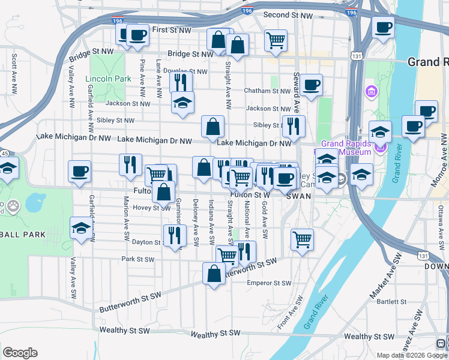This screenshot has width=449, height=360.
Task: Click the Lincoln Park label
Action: [108, 79]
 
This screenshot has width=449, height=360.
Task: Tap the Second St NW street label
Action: [288, 15]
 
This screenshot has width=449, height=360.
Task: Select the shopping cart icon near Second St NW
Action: [276, 41]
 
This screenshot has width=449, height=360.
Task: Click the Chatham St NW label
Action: [267, 91]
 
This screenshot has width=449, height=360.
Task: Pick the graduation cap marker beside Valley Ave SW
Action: [81, 229]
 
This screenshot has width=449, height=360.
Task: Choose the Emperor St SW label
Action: [269, 283]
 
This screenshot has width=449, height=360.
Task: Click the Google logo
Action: [20, 353]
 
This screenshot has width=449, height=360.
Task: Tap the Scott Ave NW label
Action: [14, 75]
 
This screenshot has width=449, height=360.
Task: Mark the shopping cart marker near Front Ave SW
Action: [303, 239]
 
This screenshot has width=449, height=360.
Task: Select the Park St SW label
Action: [137, 260]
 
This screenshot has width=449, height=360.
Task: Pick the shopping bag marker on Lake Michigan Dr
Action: [213, 127]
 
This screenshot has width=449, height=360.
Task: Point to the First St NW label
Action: [172, 29]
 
